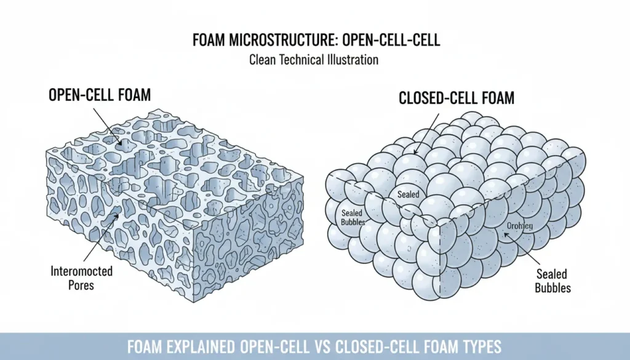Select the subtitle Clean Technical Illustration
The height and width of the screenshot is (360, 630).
(x=314, y=60)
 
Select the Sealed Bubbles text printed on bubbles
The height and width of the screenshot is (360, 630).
(x=353, y=217)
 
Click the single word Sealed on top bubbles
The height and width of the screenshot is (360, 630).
(x=408, y=194)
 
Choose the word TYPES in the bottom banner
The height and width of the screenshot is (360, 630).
(x=479, y=346)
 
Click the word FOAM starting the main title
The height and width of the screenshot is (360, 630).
(x=208, y=41)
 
